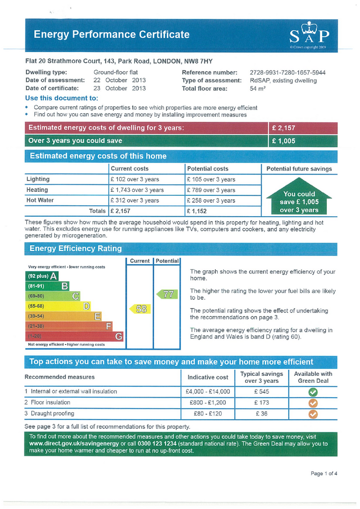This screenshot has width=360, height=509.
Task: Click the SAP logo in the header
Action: click(309, 35)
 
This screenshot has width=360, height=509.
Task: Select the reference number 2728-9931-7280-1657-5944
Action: click(287, 72)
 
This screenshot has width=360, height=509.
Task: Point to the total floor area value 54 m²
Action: click(258, 89)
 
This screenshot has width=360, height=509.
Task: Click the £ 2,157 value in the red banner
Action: click(283, 128)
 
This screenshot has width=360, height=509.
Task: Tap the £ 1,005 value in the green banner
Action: click(283, 141)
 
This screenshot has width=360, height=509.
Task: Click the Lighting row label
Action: click(38, 179)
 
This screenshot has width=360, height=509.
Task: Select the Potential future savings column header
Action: click(299, 169)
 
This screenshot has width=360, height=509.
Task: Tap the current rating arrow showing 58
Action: click(139, 309)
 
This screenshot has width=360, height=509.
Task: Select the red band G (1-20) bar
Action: click(74, 336)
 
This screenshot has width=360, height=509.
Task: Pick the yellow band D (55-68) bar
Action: click(58, 306)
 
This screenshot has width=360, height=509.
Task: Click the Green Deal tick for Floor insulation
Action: click(313, 403)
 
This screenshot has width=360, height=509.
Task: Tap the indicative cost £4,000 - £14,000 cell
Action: click(207, 392)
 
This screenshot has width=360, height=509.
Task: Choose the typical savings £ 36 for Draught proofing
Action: click(261, 414)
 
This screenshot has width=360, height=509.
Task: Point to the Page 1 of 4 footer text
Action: click(324, 474)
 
